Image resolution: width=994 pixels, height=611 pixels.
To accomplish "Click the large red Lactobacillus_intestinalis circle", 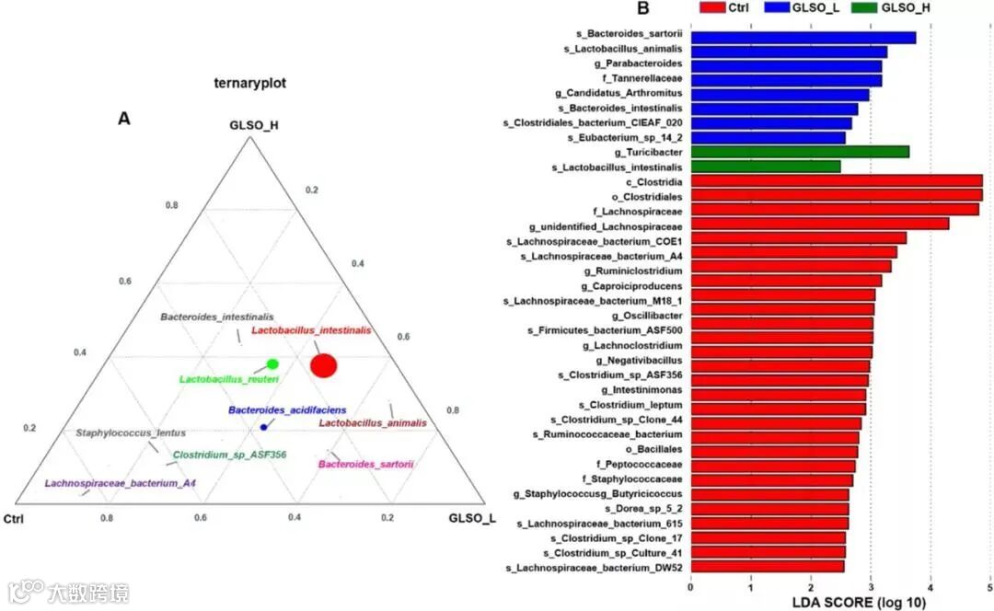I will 324,365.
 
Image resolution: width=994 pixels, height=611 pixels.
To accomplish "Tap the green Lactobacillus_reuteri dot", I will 272,364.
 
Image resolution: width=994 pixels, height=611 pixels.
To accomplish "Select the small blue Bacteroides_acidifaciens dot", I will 264,427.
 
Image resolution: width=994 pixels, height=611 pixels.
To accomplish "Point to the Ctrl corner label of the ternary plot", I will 15,519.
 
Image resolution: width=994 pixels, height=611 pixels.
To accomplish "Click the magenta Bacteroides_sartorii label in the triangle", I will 365,465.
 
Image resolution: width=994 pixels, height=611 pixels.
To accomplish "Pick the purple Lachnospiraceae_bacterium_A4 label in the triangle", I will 120,483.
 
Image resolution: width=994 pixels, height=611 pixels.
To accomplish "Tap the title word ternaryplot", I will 245,83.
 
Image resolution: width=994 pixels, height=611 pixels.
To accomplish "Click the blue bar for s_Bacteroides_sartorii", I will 803,38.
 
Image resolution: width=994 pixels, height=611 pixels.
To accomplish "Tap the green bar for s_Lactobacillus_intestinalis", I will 765,167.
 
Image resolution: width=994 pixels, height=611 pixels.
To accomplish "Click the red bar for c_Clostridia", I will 836,181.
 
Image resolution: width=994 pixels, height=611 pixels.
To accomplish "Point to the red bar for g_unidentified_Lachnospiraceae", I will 819,224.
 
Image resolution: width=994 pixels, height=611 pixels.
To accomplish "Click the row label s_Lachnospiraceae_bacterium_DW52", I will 594,568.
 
